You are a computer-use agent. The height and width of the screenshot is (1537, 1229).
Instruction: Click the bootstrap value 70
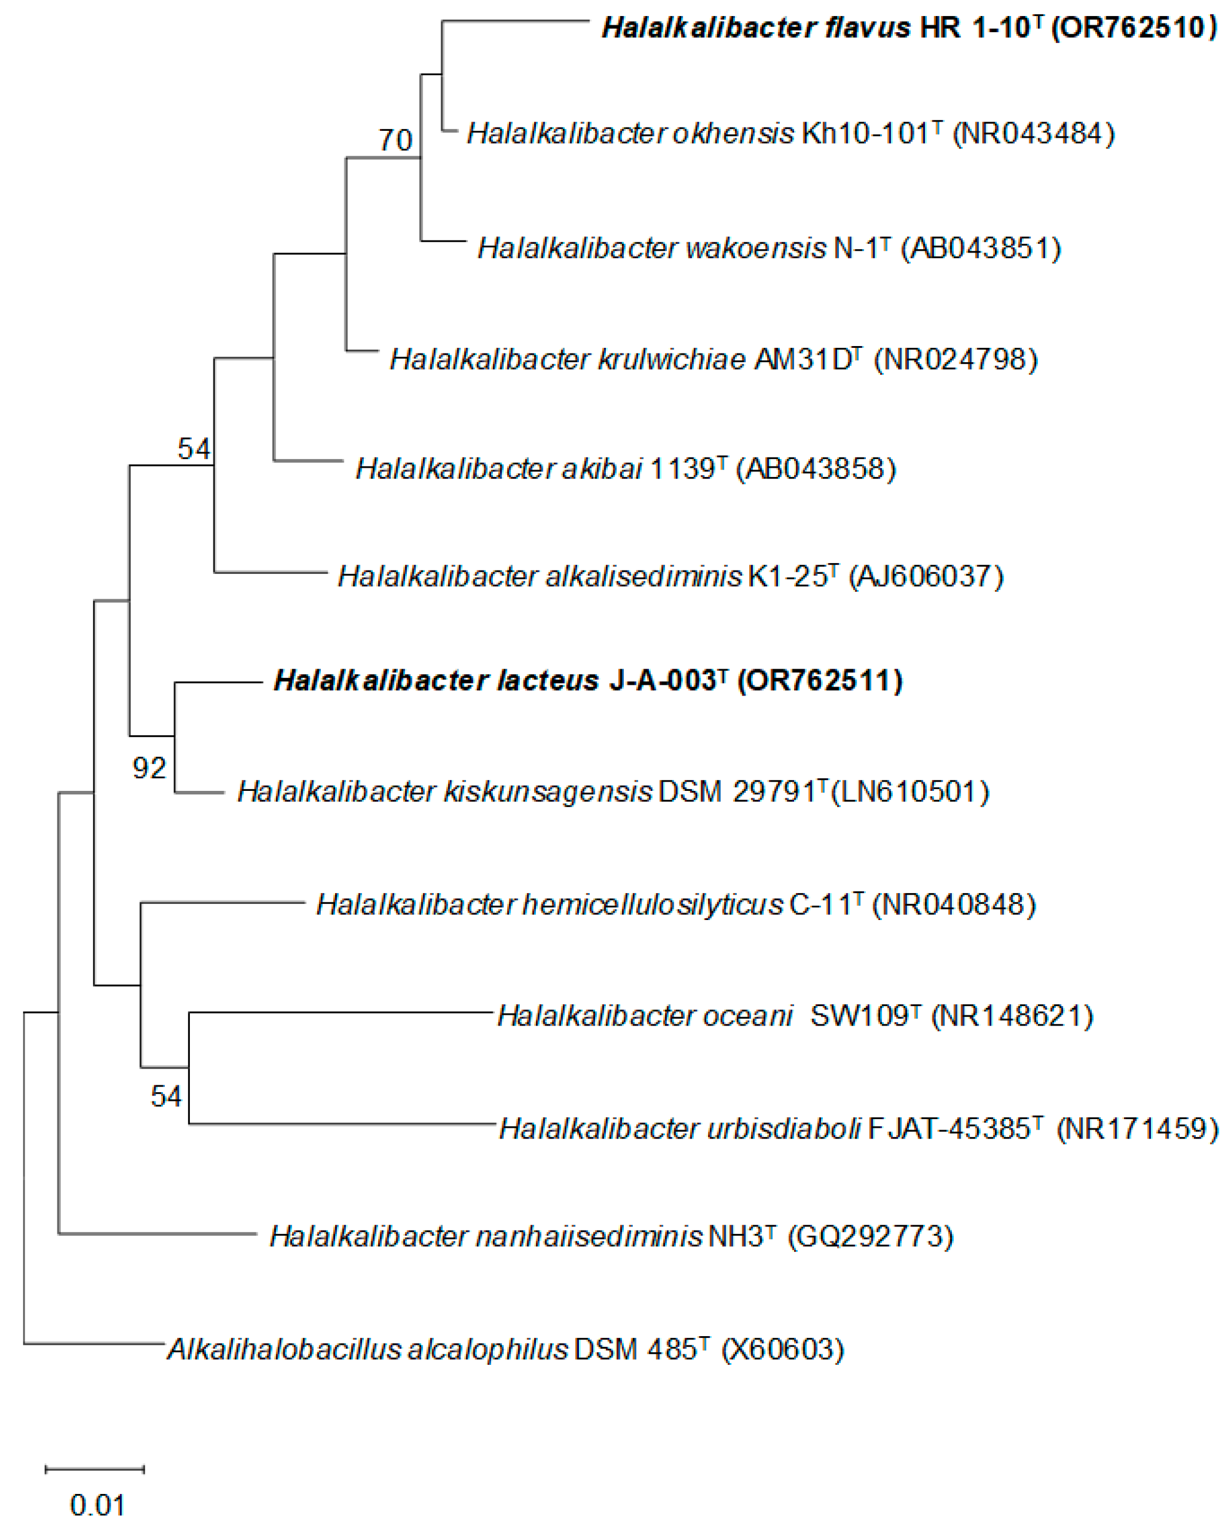[x=395, y=139]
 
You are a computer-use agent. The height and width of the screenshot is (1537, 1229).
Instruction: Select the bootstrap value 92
[x=149, y=768]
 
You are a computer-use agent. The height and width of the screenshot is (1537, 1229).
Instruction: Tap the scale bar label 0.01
[x=97, y=1505]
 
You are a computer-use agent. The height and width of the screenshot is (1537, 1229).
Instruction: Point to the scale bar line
[x=95, y=1469]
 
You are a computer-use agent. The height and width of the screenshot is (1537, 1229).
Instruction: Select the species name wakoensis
[x=758, y=248]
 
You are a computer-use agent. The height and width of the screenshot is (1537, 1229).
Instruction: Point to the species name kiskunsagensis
[x=547, y=791]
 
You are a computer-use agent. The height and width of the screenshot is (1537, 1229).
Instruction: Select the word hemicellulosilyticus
[x=652, y=905]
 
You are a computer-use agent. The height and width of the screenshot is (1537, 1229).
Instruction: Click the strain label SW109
[x=859, y=1016]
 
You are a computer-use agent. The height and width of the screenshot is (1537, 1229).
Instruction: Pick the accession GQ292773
[x=870, y=1236]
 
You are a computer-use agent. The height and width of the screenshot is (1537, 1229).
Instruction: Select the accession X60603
[x=783, y=1349]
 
